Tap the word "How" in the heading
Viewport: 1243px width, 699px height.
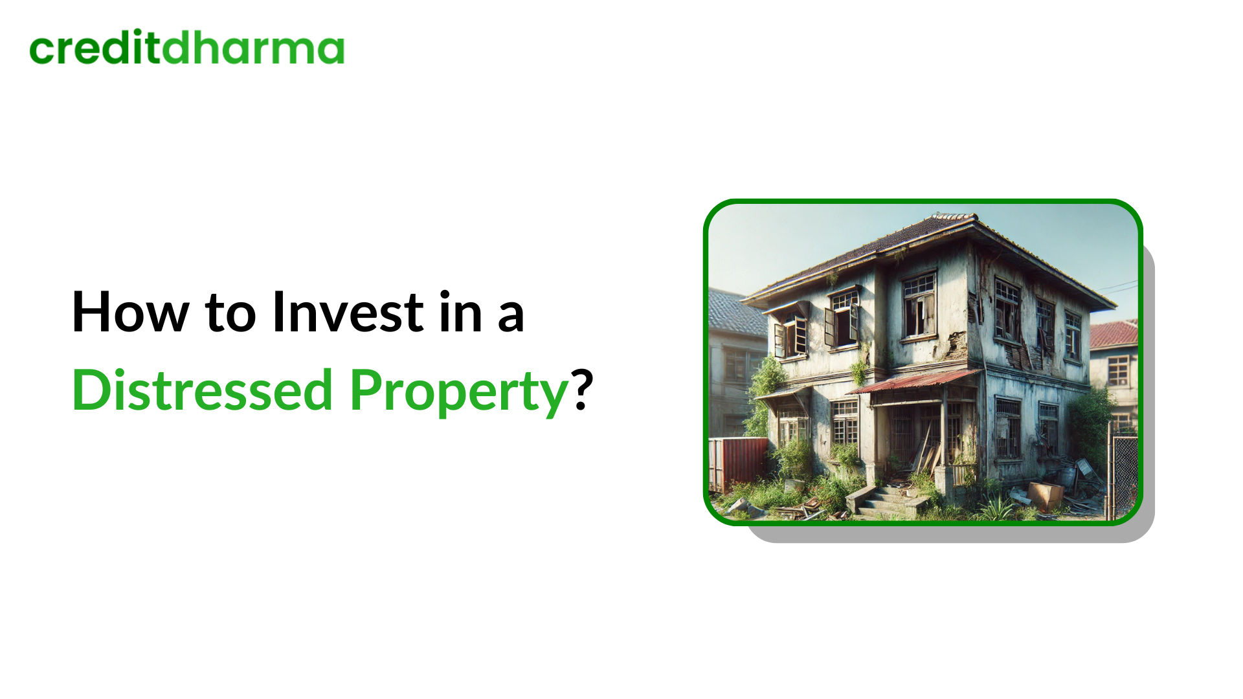click(129, 313)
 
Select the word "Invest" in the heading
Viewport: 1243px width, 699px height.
click(348, 313)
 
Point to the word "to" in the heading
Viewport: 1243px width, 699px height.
click(230, 314)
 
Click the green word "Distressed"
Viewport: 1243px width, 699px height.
click(202, 391)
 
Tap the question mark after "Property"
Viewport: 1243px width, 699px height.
click(583, 390)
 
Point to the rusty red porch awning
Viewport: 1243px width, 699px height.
click(913, 382)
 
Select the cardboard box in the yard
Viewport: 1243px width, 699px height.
click(1045, 495)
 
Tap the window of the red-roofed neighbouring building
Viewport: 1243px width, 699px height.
click(1118, 370)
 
